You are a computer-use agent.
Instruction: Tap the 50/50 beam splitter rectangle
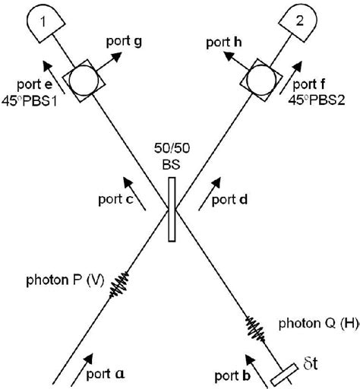[172, 208]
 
